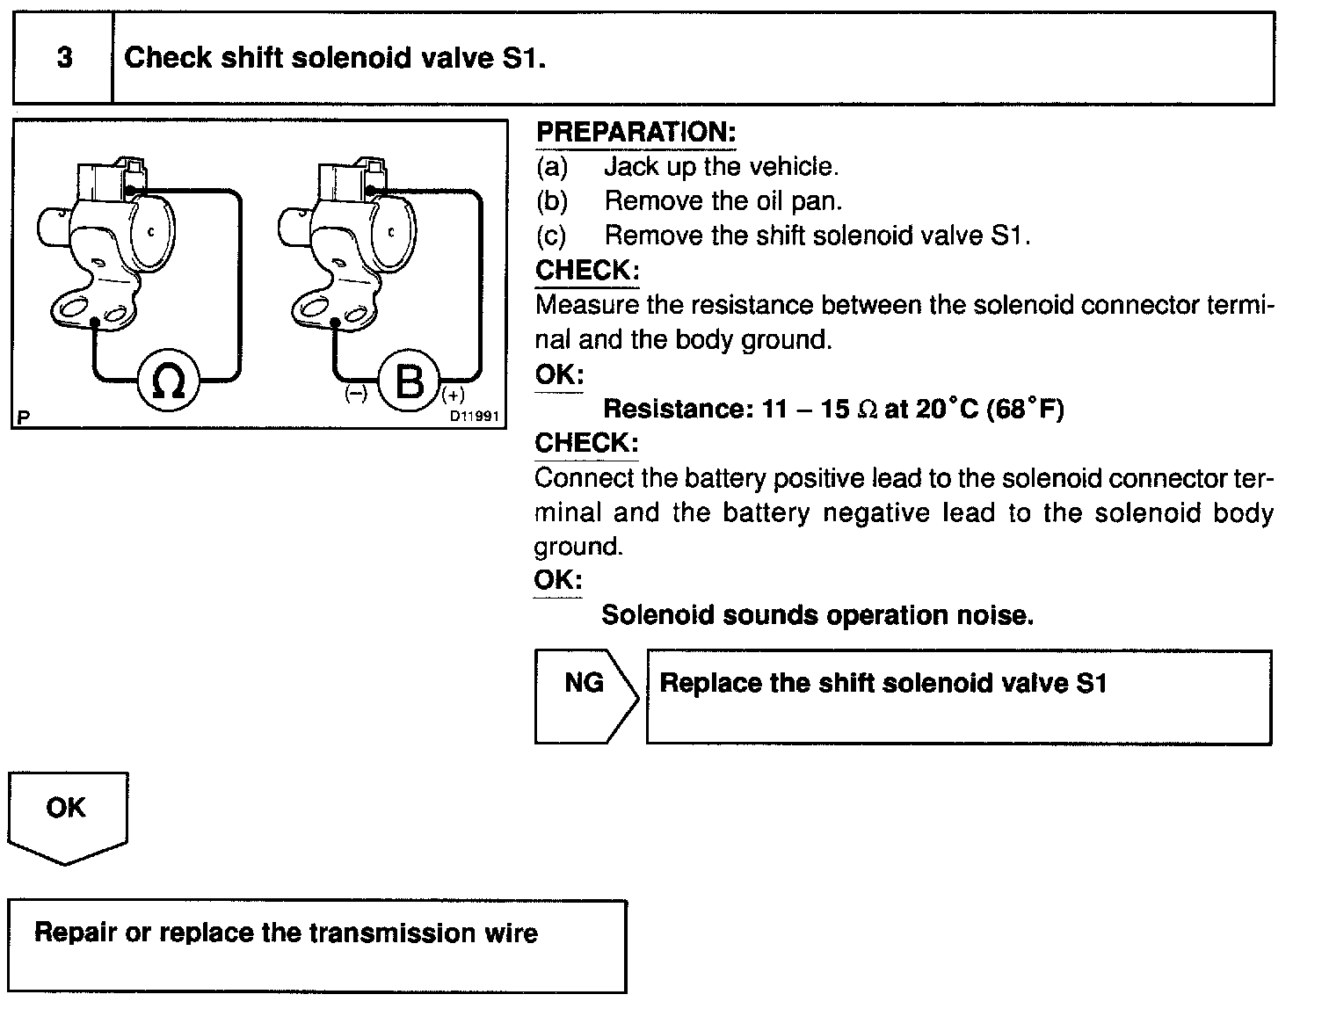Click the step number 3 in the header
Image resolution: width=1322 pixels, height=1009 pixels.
point(64,58)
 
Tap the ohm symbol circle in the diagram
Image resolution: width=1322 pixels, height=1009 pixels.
point(168,381)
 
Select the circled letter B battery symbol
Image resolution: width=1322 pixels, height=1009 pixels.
point(410,381)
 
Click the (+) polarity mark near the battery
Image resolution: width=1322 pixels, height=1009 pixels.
point(454,395)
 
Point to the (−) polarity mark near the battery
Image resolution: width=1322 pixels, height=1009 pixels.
point(356,395)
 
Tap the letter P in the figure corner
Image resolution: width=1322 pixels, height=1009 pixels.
point(22,417)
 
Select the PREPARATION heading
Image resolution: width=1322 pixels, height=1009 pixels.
point(635,133)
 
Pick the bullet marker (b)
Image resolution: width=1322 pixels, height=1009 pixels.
point(552,201)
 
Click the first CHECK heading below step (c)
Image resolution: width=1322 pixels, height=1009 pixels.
point(586,270)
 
